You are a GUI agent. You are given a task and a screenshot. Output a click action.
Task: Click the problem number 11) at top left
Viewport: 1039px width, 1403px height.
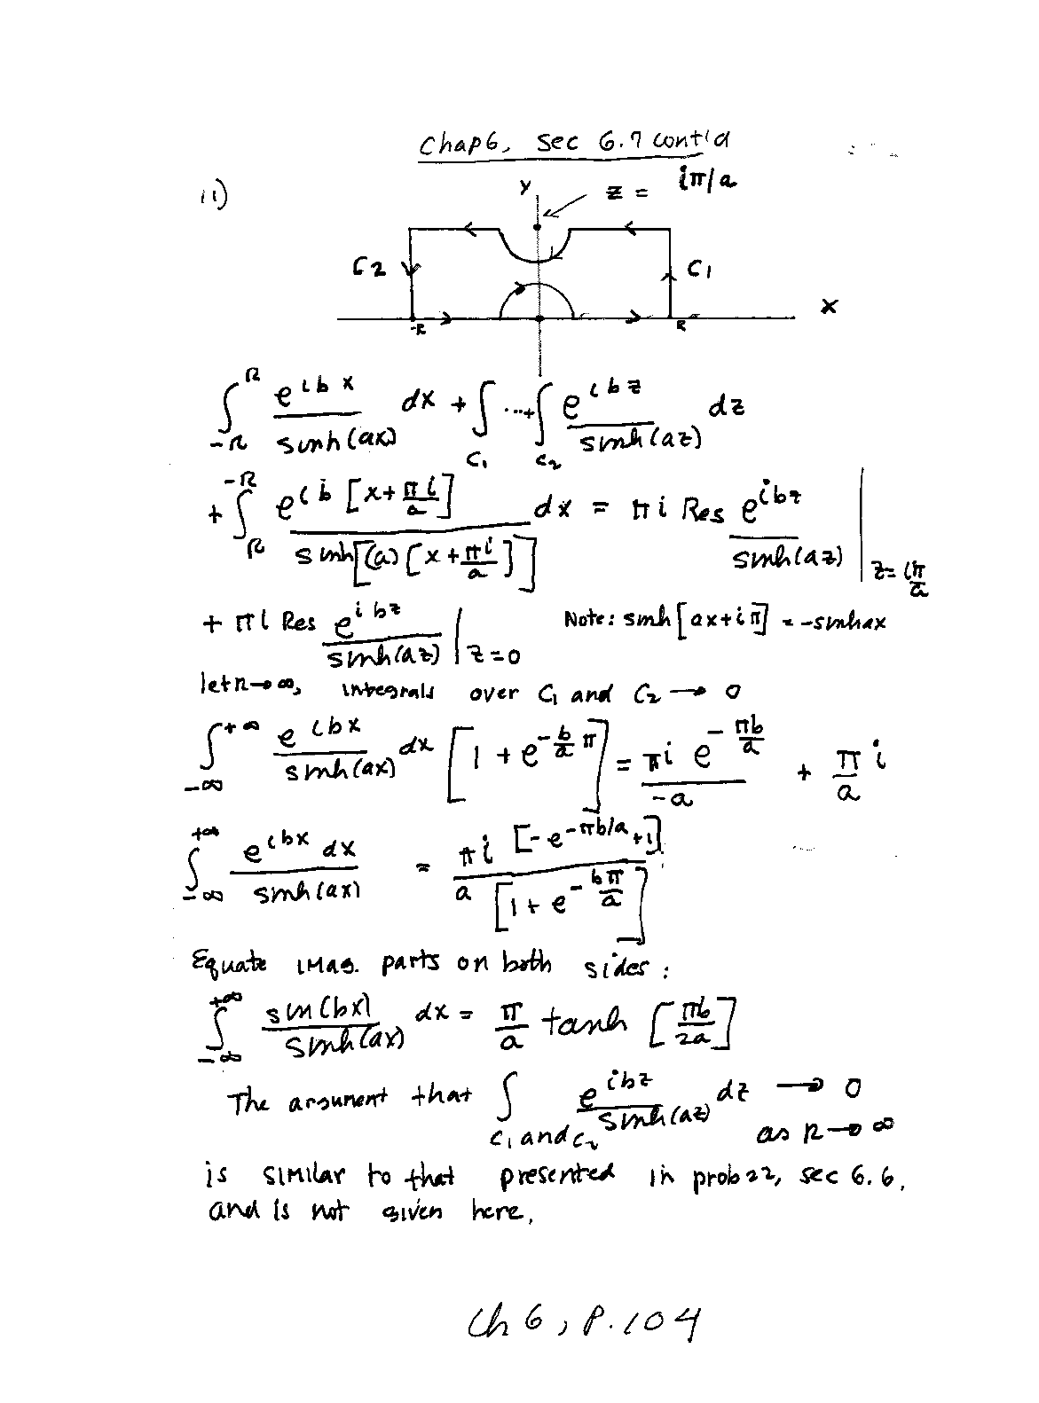(212, 196)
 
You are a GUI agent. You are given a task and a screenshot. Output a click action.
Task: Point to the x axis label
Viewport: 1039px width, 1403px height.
(829, 307)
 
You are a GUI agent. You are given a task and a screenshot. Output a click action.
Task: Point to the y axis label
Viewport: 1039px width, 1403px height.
(525, 187)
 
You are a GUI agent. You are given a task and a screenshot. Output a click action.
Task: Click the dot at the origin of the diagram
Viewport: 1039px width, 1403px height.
(539, 317)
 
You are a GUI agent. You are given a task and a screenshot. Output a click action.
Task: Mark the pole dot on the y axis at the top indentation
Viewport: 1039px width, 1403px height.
(538, 228)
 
